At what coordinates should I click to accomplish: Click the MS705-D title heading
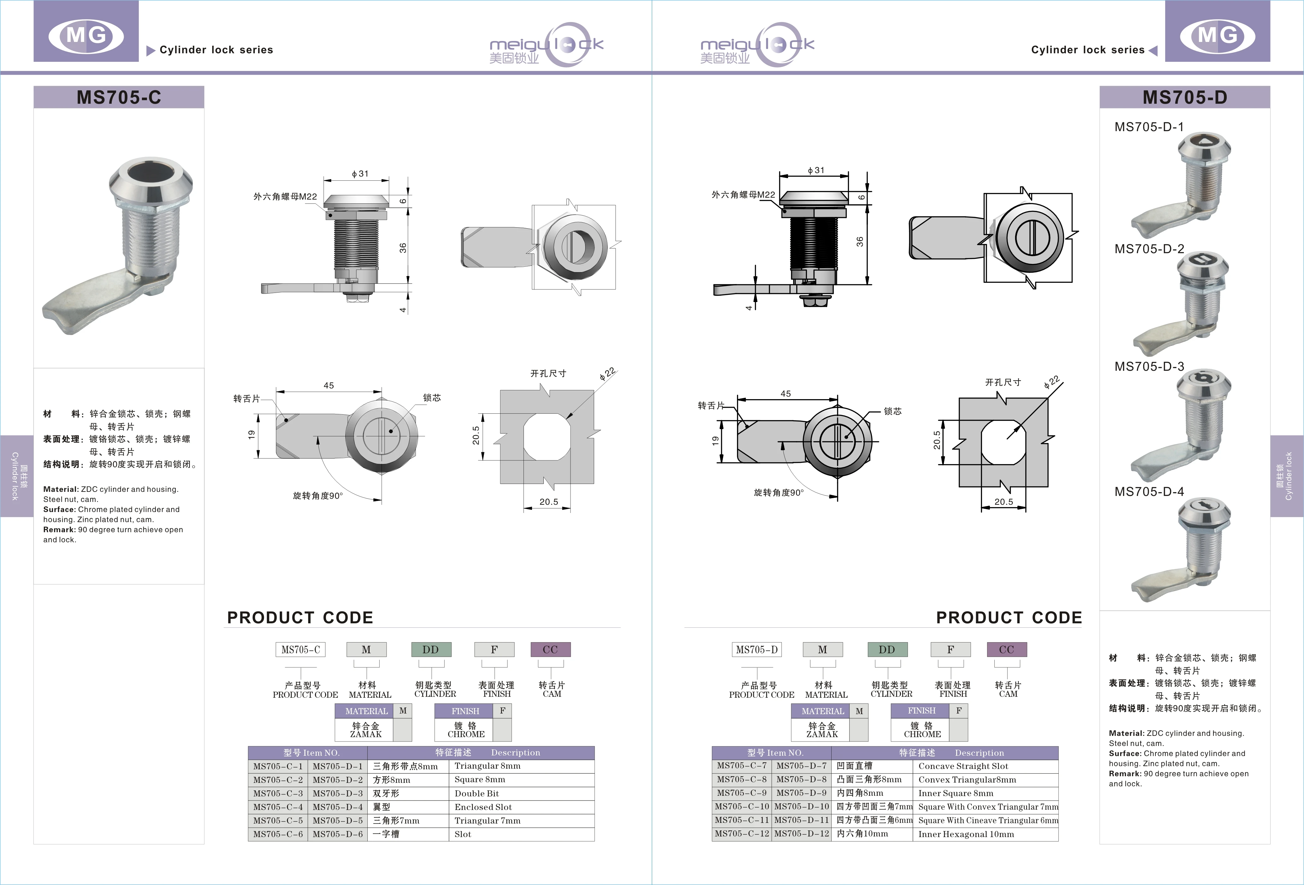point(1184,97)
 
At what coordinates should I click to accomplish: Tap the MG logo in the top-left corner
point(86,35)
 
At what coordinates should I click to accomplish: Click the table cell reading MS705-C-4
point(278,806)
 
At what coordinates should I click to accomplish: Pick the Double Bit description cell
point(477,793)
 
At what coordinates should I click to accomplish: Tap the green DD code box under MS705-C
point(431,649)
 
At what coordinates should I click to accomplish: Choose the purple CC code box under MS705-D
point(1007,649)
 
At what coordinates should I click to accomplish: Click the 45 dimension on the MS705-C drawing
point(329,385)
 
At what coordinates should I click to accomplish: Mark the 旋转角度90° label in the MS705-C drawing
point(318,496)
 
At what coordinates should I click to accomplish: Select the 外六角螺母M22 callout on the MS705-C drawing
point(285,196)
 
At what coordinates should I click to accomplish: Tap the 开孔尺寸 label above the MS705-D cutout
point(1003,382)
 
